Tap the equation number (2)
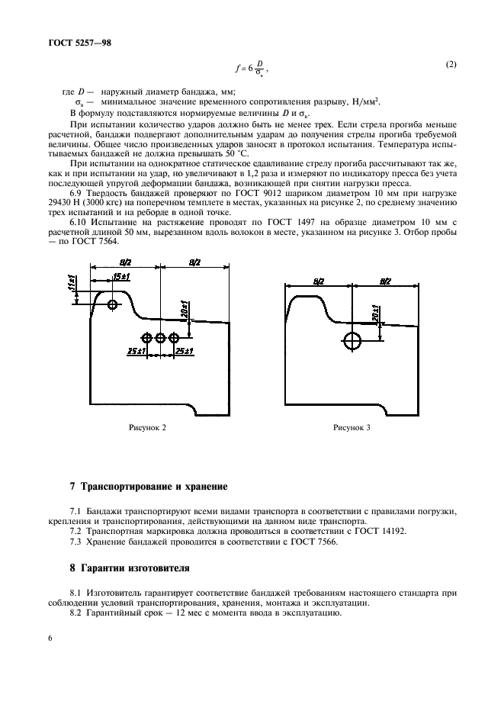451,65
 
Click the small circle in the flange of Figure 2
113,305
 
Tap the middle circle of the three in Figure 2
160,337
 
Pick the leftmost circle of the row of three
146,337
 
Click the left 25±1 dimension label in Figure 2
137,351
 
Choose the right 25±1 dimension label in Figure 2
185,351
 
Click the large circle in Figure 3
353,340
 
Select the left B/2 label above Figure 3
319,281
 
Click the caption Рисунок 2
148,428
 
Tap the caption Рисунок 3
352,428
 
